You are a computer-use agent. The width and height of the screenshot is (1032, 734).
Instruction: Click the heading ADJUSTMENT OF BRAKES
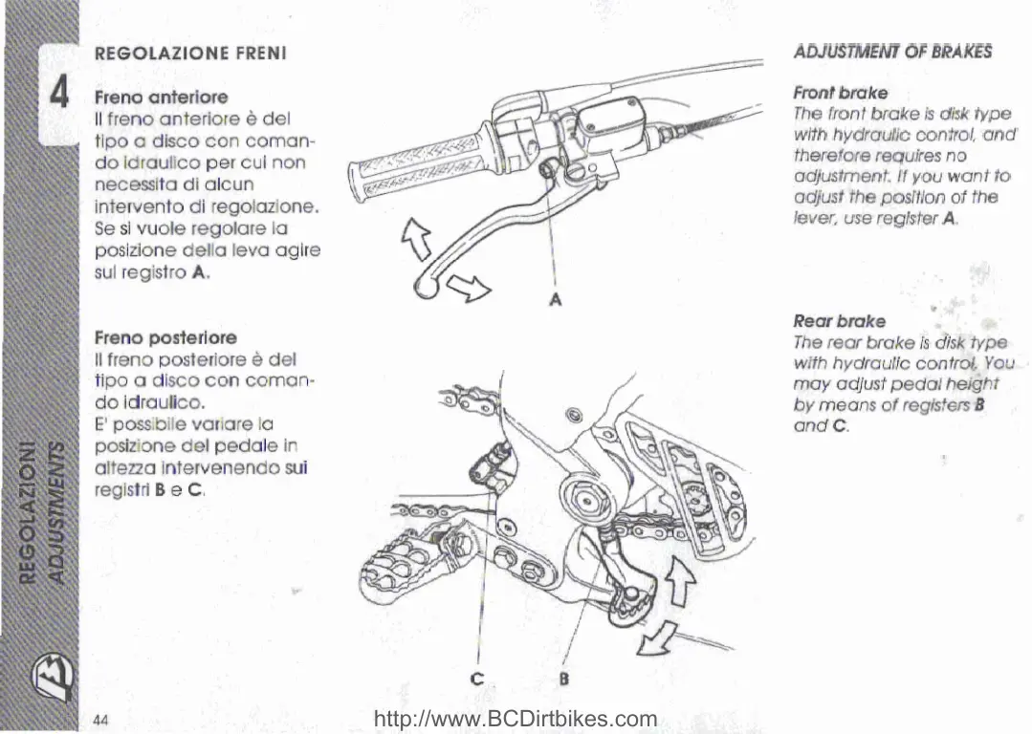[892, 52]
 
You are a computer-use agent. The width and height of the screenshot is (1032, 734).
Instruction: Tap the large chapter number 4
[59, 95]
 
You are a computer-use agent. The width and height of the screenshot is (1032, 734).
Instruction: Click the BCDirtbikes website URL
[515, 719]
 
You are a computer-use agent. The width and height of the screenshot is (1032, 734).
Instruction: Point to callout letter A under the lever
[555, 299]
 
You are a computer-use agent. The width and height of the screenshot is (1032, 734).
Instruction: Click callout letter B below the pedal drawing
[563, 680]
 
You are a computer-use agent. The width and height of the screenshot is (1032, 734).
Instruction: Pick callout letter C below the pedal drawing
[478, 680]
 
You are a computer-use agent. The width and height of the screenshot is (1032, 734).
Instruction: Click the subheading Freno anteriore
[161, 97]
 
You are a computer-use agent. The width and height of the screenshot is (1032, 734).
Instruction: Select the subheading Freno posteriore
[165, 338]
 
